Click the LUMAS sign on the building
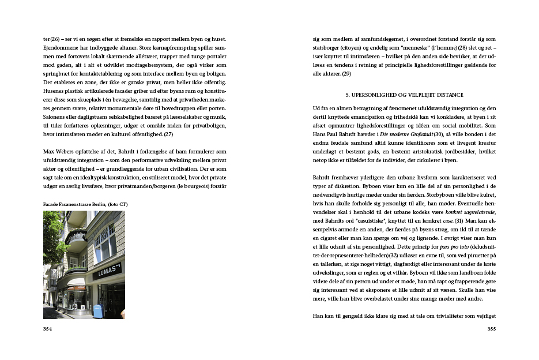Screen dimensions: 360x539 click(107, 270)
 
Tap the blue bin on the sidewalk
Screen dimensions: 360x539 click(97, 311)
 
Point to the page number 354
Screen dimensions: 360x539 click(48, 328)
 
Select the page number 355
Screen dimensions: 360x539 click(492, 328)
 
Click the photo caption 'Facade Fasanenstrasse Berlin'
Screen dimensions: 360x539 click(85, 204)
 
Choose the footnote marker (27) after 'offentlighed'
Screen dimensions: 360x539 click(168, 134)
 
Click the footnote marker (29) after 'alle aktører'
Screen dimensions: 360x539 click(346, 74)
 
